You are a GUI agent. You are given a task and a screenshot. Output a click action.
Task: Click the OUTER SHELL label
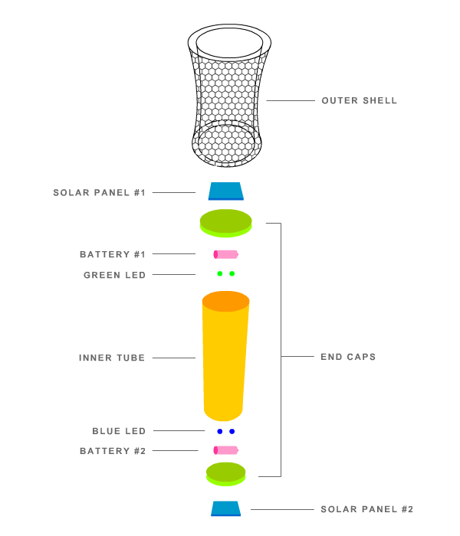[359, 101]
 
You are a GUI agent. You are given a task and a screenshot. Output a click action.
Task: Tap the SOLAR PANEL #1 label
[100, 192]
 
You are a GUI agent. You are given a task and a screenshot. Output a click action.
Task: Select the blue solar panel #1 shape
[225, 191]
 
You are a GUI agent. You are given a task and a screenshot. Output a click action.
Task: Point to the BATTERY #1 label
[113, 254]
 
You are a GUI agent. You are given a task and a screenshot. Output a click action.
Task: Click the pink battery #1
[226, 254]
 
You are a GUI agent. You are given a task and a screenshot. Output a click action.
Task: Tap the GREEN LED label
[114, 275]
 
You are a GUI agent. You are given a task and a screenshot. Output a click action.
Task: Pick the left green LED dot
[220, 273]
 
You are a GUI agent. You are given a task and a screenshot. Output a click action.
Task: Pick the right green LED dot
[232, 273]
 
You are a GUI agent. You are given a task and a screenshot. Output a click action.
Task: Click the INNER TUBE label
[112, 358]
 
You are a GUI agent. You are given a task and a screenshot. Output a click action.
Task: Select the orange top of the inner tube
[225, 301]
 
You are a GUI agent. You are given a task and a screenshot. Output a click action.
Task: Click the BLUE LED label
[119, 431]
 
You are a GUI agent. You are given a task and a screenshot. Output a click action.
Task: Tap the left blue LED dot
[220, 431]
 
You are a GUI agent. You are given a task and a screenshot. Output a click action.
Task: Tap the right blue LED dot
[232, 431]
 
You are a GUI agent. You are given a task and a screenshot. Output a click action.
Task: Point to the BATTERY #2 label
[113, 451]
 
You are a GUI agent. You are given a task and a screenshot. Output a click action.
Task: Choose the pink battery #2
[226, 450]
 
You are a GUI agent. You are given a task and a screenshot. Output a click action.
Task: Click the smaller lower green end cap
[225, 472]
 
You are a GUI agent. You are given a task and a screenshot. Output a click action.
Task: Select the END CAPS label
[348, 357]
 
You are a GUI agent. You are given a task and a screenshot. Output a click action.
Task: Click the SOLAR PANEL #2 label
[366, 509]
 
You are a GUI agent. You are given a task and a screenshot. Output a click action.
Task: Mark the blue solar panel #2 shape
[226, 508]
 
